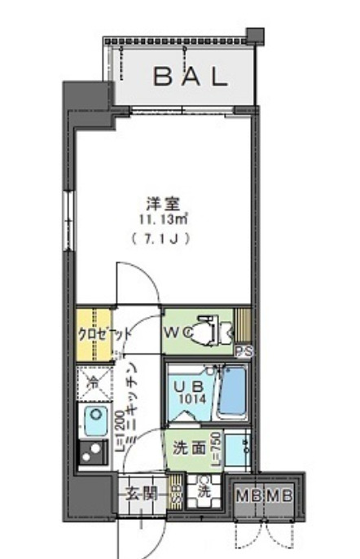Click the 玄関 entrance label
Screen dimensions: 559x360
tap(142, 494)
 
